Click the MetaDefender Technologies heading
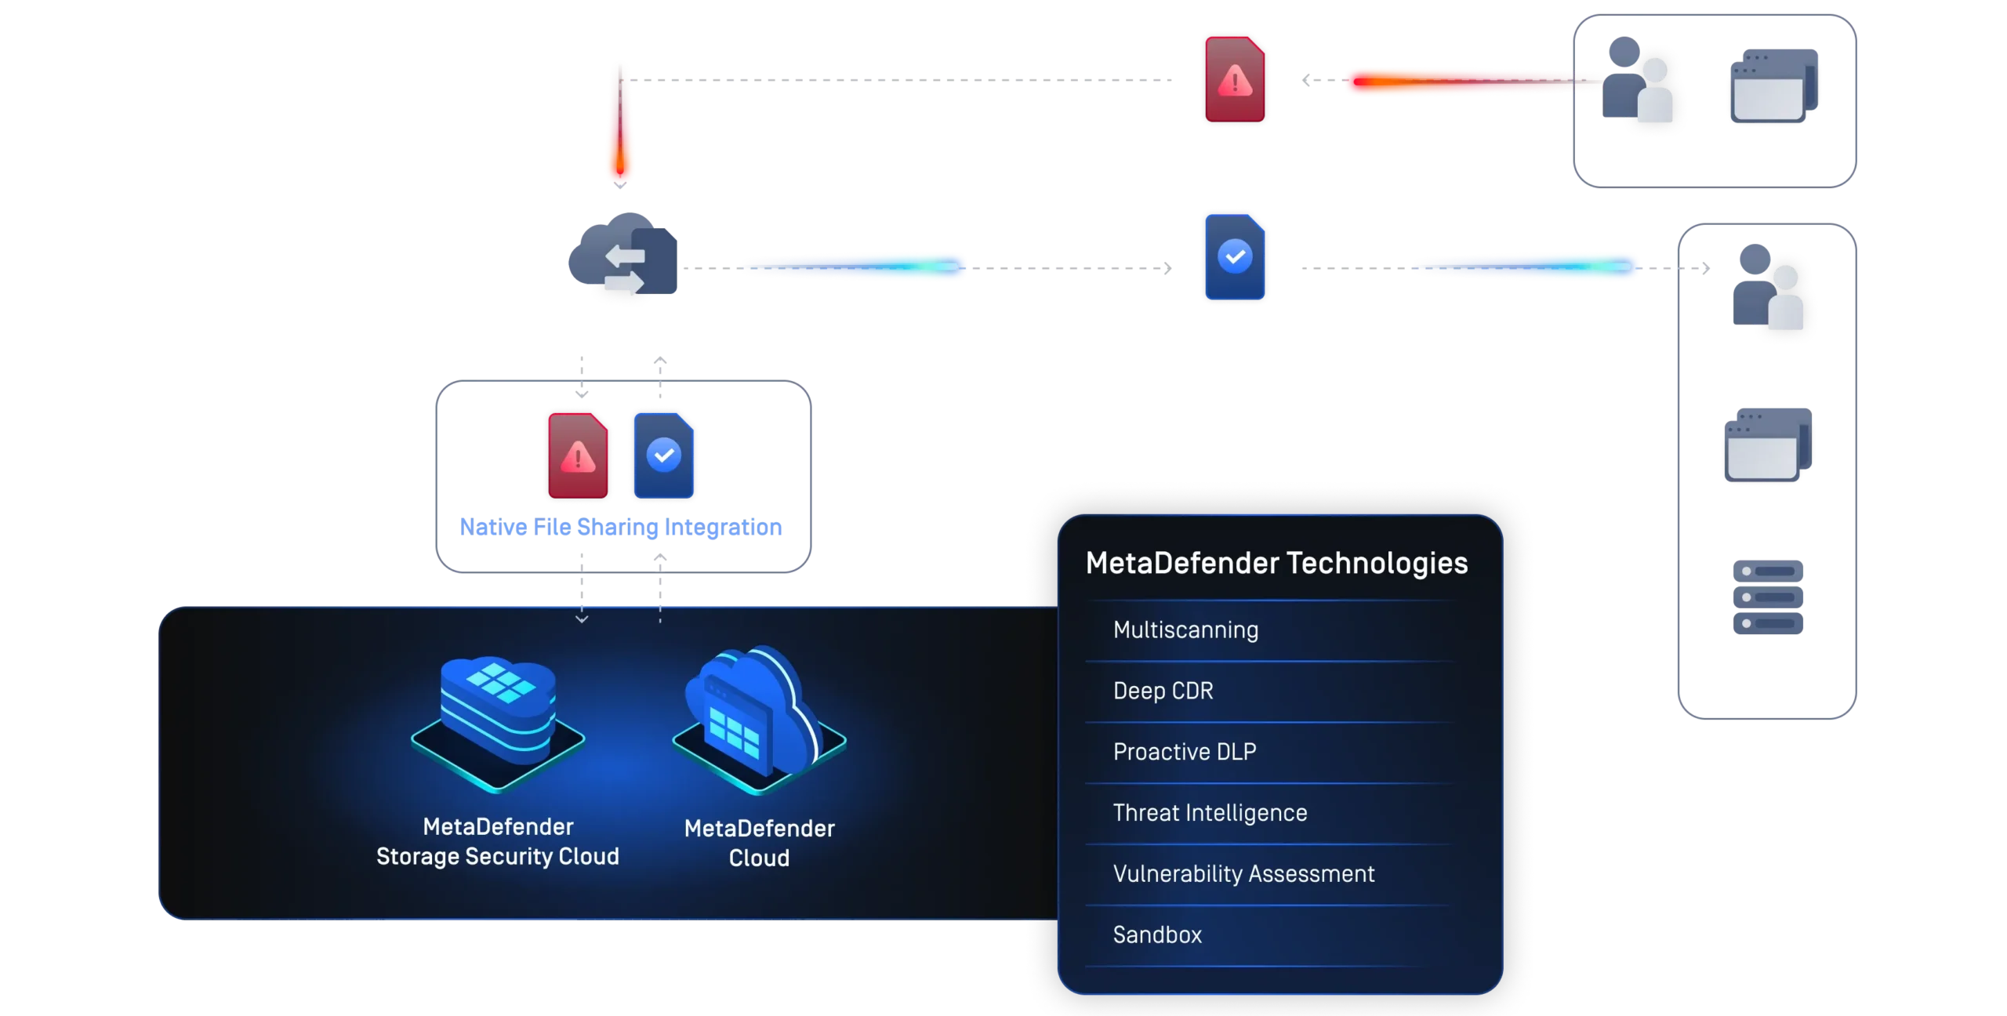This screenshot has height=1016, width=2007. [x=1276, y=563]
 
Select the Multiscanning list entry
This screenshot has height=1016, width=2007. [x=1185, y=630]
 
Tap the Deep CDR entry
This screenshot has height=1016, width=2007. [x=1163, y=691]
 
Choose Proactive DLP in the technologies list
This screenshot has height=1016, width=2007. [x=1184, y=752]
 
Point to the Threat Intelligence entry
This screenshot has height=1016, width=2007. [x=1210, y=813]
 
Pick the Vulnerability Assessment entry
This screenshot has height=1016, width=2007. [x=1243, y=874]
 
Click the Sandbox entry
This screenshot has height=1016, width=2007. [x=1157, y=934]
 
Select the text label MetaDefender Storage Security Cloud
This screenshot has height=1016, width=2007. [x=498, y=841]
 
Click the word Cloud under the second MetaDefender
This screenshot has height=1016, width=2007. [x=759, y=858]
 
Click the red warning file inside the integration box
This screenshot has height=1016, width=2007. [x=578, y=455]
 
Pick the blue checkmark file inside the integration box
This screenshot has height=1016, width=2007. [x=664, y=455]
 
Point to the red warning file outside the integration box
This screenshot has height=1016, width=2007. [x=1235, y=78]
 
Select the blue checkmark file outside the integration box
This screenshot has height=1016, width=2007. [x=1235, y=257]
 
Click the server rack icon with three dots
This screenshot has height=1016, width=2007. [x=1768, y=598]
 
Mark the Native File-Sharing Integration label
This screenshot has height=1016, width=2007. [x=621, y=528]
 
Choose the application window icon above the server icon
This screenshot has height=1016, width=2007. [x=1768, y=446]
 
